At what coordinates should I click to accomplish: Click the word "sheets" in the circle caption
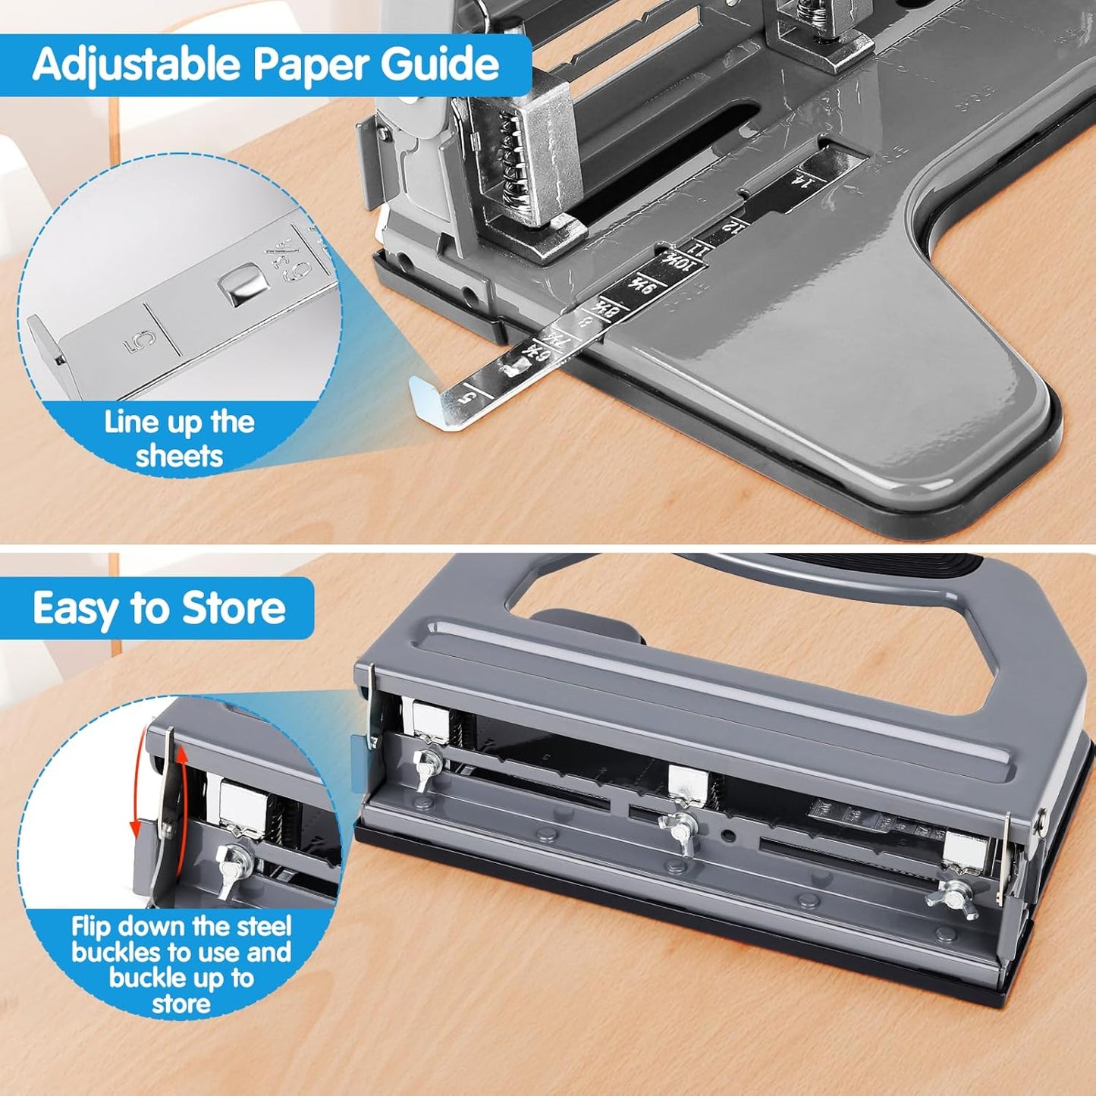pyautogui.click(x=179, y=457)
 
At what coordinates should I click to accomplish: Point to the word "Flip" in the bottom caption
pyautogui.click(x=91, y=927)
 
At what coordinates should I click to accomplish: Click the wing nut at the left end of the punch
pyautogui.click(x=426, y=762)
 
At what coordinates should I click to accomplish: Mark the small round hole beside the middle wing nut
pyautogui.click(x=729, y=837)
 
